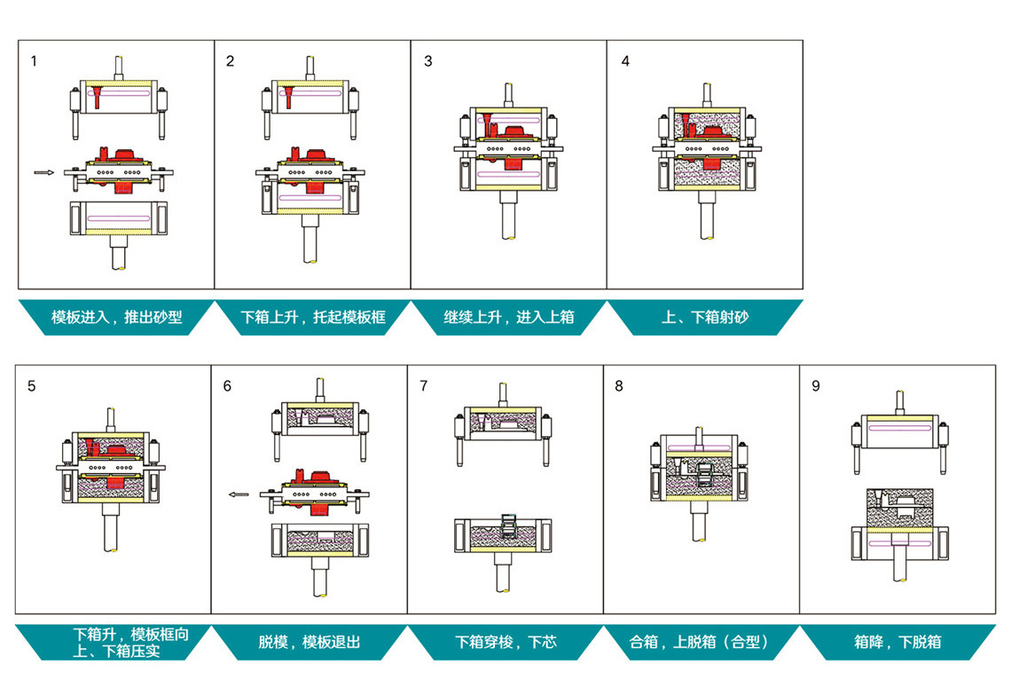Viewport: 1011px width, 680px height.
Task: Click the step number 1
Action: click(x=34, y=61)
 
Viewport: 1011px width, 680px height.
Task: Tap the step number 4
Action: click(x=625, y=61)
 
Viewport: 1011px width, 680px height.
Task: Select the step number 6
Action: click(x=227, y=386)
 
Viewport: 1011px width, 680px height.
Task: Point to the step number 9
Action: click(x=816, y=386)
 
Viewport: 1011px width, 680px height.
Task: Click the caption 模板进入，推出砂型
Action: click(x=116, y=317)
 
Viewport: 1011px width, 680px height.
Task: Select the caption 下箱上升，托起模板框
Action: click(x=313, y=317)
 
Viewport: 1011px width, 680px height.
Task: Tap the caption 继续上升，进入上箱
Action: click(x=509, y=317)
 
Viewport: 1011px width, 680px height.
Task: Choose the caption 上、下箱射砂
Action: click(x=705, y=317)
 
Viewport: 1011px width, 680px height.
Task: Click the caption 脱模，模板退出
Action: click(x=310, y=642)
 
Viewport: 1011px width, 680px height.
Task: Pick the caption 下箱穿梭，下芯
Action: click(x=505, y=642)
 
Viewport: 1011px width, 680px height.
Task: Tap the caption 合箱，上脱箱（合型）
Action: click(x=701, y=642)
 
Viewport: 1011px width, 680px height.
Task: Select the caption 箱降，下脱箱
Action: click(x=897, y=642)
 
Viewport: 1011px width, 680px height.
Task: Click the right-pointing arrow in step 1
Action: click(x=43, y=172)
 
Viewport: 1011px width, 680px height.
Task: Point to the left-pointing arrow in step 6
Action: click(x=239, y=494)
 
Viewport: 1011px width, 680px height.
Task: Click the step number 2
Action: click(x=231, y=61)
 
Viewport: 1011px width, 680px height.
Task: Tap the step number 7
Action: click(x=424, y=386)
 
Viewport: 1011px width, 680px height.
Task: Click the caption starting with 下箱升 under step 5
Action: click(x=130, y=642)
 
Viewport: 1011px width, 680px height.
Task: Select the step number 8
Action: click(x=619, y=386)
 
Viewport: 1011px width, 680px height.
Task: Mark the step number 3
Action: click(x=428, y=61)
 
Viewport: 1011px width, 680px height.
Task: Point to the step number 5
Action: click(x=32, y=386)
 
